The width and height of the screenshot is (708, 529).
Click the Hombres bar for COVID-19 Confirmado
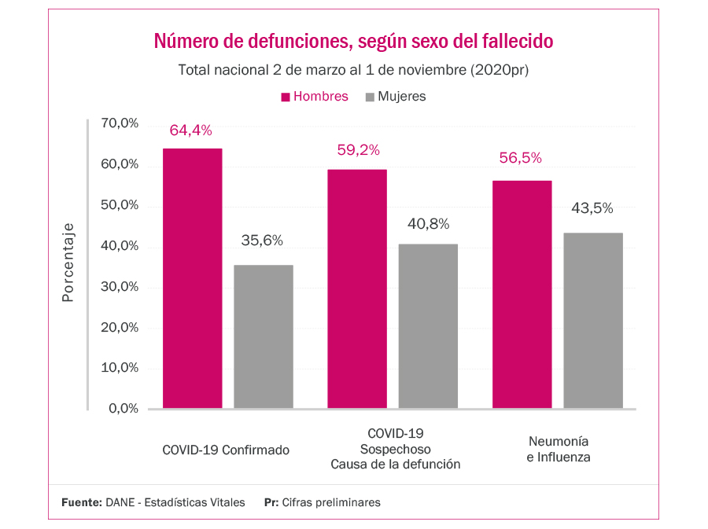coord(192,278)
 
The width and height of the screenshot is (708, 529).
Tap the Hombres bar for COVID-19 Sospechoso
coord(357,288)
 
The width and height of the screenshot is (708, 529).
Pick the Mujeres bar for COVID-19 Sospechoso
coord(428,326)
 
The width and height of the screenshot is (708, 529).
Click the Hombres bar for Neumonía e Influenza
coord(522,294)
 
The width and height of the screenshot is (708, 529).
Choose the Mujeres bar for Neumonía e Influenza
coord(593,321)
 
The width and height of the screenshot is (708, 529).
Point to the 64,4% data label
coord(191,130)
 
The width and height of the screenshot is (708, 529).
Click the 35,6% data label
coord(262,241)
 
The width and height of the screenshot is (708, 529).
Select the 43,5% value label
coord(592,208)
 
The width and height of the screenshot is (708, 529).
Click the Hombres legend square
coord(286,97)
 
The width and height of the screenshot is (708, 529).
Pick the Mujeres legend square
coord(371,97)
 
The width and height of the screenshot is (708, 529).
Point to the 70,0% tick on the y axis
coord(120,123)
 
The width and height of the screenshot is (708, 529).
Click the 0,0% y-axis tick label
coord(123,409)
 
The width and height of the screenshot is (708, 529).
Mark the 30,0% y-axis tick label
coord(120,287)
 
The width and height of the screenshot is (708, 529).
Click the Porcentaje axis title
coord(68,263)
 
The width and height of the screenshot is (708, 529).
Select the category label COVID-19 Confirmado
coord(226,450)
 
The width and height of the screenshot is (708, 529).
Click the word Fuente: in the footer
coord(82,502)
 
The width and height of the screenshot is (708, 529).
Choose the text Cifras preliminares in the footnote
coord(330,502)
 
